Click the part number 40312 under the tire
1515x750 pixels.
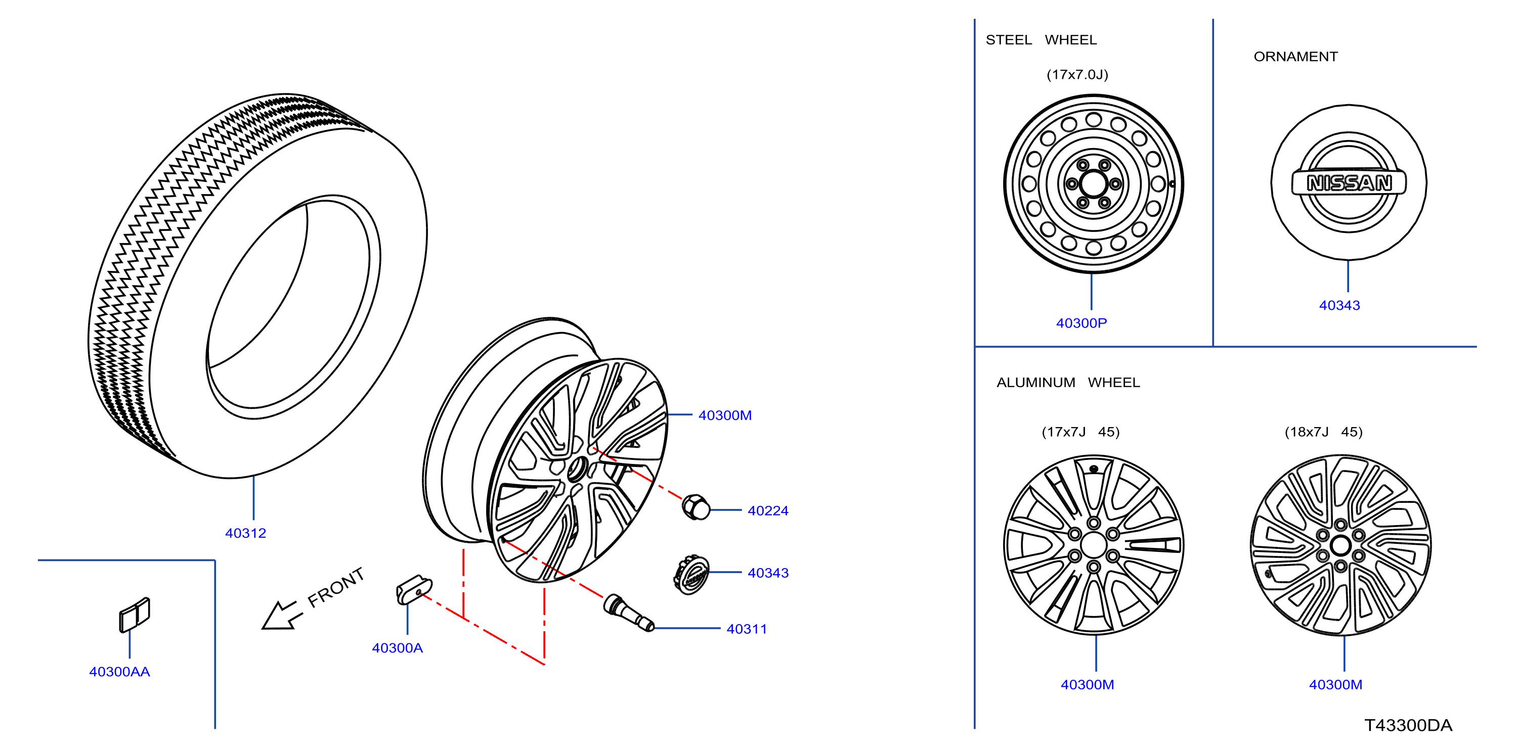(245, 533)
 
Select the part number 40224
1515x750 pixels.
(767, 511)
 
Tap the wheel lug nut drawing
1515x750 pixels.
(695, 507)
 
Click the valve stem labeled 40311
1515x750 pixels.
(629, 613)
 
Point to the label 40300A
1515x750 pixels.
(397, 648)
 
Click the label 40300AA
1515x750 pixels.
(119, 671)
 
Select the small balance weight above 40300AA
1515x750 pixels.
(135, 615)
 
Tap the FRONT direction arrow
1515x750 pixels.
(282, 615)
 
